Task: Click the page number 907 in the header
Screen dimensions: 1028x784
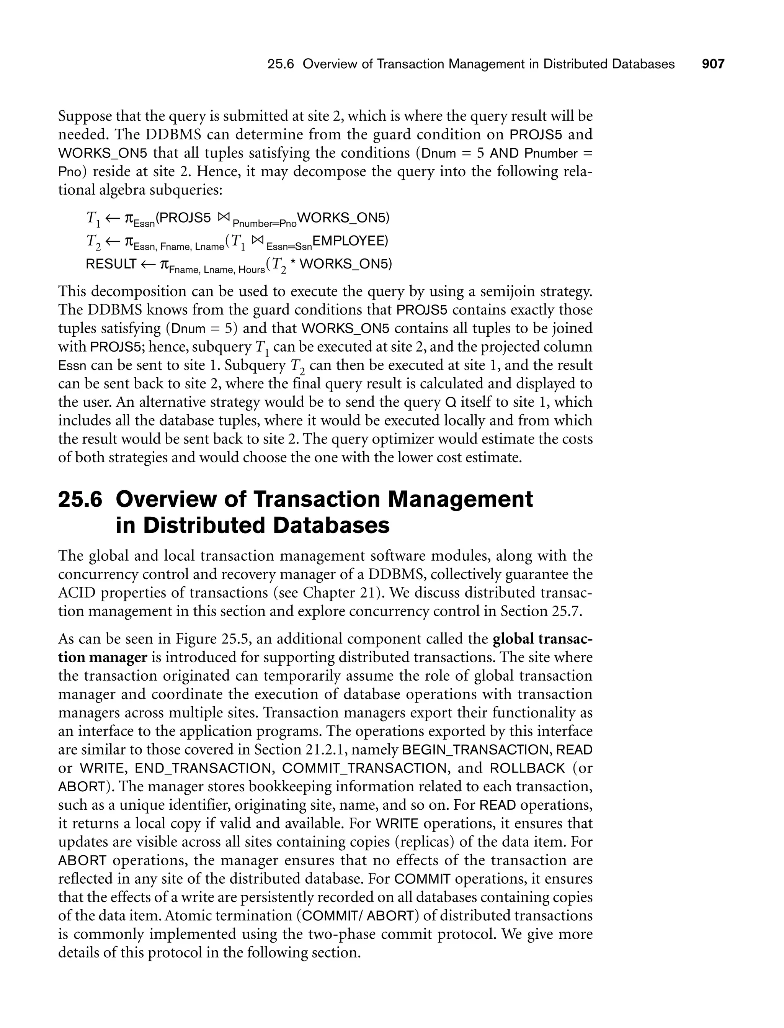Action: tap(713, 64)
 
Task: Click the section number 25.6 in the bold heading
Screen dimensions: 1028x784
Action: tap(80, 499)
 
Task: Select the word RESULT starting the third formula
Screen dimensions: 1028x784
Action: tap(111, 264)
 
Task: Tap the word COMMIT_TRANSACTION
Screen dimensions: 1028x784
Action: tap(364, 768)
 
